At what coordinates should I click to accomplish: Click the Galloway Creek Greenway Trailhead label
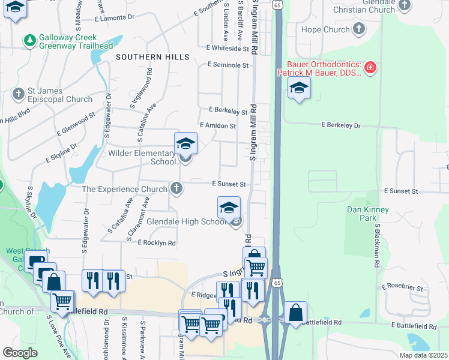point(76,41)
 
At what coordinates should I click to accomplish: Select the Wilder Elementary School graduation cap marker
point(185,145)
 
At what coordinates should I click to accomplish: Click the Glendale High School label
point(185,221)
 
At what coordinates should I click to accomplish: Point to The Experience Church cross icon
point(176,189)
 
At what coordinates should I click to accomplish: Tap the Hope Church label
point(325,29)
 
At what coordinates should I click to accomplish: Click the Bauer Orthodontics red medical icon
point(370,67)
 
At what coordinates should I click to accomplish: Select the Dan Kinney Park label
point(368,214)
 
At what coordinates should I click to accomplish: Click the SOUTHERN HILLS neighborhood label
point(152,57)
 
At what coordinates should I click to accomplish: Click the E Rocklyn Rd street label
point(157,243)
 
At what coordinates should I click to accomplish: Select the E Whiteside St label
point(227,47)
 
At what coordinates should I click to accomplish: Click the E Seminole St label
point(228,64)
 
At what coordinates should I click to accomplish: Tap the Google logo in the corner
point(20,353)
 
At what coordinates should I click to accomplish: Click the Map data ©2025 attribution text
point(423,355)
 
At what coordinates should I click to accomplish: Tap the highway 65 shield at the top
point(276,4)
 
